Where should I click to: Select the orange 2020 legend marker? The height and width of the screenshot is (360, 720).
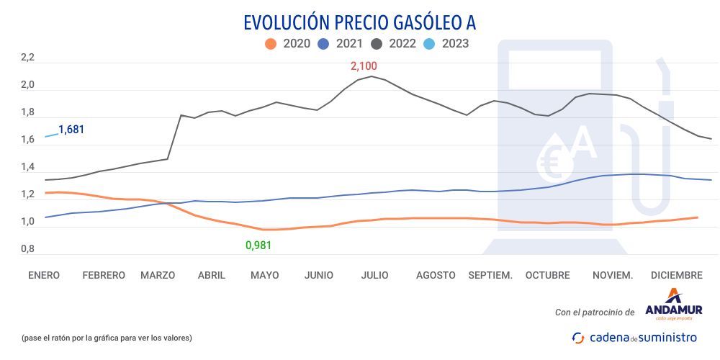click(x=271, y=44)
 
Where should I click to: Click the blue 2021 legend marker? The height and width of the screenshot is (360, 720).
click(x=323, y=44)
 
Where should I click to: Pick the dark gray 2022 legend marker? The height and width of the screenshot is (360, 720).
click(x=376, y=44)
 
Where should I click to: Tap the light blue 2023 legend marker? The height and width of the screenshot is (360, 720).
click(x=429, y=44)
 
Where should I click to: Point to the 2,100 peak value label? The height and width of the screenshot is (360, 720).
click(x=364, y=66)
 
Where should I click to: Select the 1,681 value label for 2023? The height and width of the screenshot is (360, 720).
click(x=71, y=130)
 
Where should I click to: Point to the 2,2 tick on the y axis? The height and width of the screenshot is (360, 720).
click(x=27, y=58)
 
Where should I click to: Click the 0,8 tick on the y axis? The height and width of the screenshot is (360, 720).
click(x=27, y=249)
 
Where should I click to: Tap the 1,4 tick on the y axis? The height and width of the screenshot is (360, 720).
click(x=27, y=167)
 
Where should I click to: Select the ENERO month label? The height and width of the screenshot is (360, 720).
click(x=44, y=275)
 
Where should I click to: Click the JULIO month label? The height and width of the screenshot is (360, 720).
click(x=374, y=275)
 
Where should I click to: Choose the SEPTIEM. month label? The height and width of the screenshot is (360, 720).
click(x=490, y=275)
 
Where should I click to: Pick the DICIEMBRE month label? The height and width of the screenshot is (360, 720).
click(x=676, y=275)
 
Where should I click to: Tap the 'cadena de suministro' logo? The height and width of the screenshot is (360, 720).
click(x=634, y=337)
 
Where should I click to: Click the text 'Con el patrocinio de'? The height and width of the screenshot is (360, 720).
click(x=595, y=312)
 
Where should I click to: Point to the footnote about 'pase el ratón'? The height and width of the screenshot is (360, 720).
click(x=107, y=337)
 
